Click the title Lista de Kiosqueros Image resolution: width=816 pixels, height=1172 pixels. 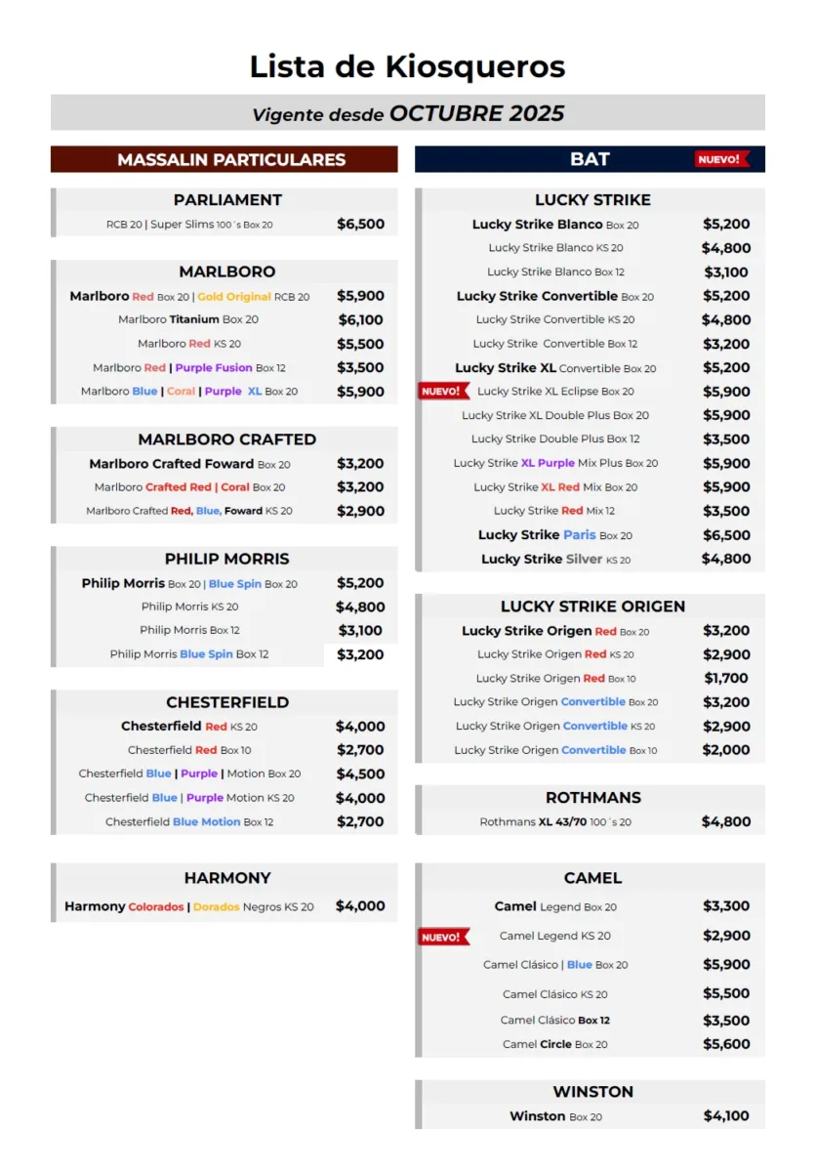(x=407, y=66)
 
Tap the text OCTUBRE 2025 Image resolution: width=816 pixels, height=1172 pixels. (x=476, y=113)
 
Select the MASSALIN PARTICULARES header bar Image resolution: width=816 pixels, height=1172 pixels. (x=224, y=159)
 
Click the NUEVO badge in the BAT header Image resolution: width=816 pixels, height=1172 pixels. (x=721, y=159)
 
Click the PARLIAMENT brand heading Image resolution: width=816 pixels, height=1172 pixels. (x=227, y=200)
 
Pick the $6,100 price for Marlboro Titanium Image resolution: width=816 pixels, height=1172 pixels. (x=360, y=320)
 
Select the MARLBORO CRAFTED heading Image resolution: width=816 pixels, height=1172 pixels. (x=227, y=439)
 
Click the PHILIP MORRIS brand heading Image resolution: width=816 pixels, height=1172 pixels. (x=227, y=560)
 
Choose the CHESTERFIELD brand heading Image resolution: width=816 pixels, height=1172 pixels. (x=227, y=702)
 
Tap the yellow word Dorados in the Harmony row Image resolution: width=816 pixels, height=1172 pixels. (x=216, y=907)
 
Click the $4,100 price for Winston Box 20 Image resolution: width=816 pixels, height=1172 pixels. (x=726, y=1115)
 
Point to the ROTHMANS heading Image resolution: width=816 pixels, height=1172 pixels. (x=592, y=798)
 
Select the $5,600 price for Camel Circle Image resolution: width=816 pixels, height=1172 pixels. (x=726, y=1044)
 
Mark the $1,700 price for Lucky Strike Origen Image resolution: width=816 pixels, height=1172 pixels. (x=726, y=678)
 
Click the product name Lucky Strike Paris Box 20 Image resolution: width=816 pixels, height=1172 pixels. (x=554, y=535)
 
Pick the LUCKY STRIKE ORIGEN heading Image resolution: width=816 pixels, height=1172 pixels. (x=592, y=607)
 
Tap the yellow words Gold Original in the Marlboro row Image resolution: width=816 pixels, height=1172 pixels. (x=234, y=297)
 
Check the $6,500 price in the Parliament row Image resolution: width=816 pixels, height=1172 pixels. (x=360, y=224)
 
